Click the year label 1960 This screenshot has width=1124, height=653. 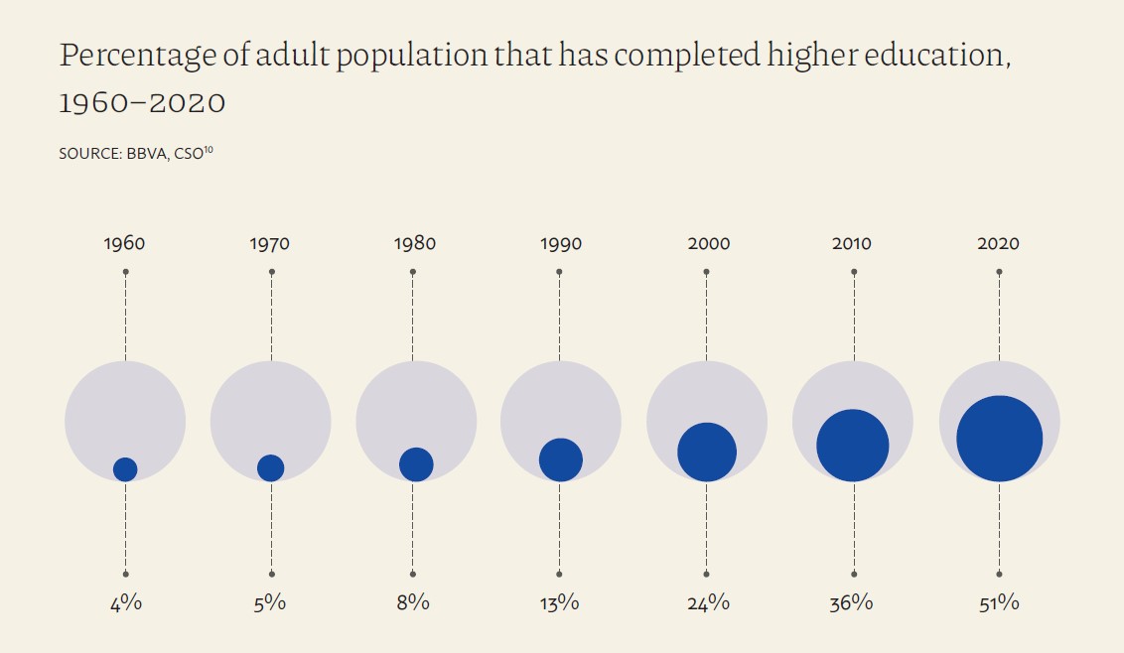(124, 244)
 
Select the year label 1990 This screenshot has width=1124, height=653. (561, 244)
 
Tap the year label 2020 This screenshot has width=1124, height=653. (998, 244)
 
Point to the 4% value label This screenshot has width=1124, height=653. (125, 602)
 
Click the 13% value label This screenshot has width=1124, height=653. (560, 602)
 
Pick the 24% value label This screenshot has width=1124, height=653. (706, 602)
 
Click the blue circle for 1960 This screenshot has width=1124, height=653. (125, 469)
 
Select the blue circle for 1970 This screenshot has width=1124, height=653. (270, 467)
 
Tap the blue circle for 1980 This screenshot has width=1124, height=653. (416, 463)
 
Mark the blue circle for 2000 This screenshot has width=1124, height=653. (707, 452)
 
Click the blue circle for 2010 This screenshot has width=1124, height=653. (852, 446)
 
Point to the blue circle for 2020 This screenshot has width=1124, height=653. (999, 439)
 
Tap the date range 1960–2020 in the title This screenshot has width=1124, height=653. (142, 102)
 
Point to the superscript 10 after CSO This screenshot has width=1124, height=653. (208, 150)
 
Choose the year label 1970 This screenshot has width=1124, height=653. (270, 244)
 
